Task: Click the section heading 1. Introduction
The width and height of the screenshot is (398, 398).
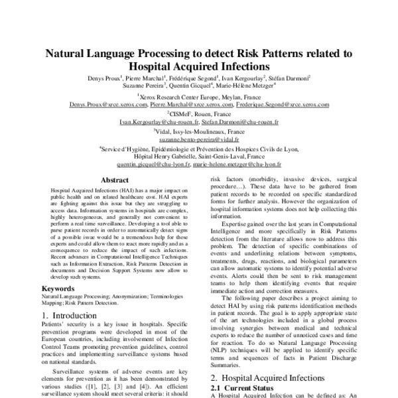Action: click(74, 315)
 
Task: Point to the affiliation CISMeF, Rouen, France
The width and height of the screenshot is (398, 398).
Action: click(198, 114)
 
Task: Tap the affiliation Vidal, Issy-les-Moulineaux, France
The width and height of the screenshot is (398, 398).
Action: click(198, 133)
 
